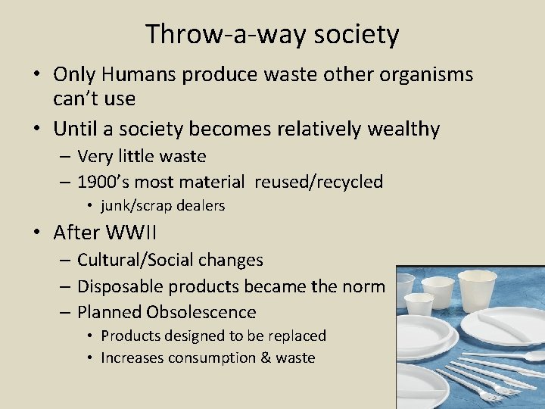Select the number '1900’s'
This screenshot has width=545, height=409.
103,182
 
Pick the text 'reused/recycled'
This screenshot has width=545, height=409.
319,182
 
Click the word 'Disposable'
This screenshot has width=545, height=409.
120,286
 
